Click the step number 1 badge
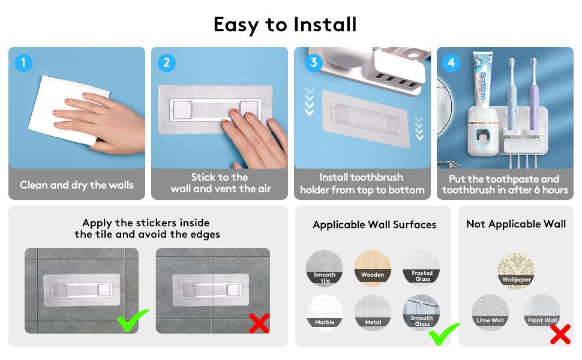(23, 62)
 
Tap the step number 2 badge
(166, 62)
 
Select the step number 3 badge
(312, 62)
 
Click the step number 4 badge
(451, 62)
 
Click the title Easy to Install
(285, 24)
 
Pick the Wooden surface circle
(373, 268)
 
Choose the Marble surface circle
(325, 313)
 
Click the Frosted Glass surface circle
(421, 268)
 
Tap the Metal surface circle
(373, 313)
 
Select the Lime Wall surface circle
(490, 313)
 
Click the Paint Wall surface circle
(542, 313)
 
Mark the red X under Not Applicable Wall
(560, 333)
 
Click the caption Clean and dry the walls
(77, 185)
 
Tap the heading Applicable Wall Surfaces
(374, 225)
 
